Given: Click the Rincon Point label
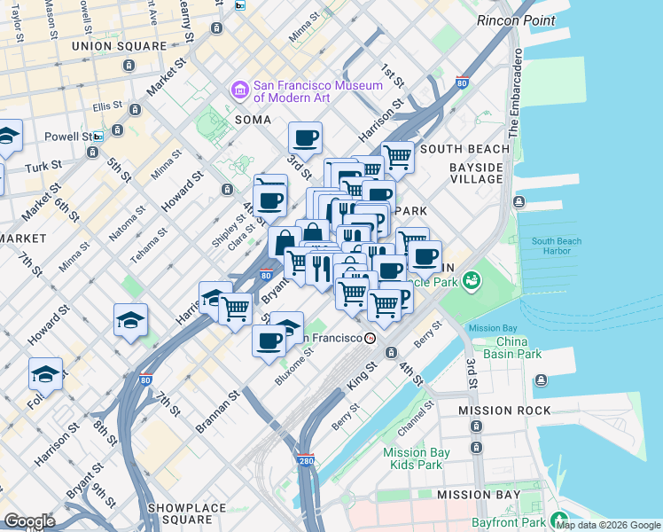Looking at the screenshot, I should point(516,20).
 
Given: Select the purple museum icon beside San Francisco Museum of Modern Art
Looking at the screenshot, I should point(239,90).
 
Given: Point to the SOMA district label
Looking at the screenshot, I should point(253,119).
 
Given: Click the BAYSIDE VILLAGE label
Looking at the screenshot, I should point(476,173).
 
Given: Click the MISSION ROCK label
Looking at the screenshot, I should point(504,411).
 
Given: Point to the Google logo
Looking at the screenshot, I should point(29,521).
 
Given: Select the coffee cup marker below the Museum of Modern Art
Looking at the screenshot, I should point(305,137).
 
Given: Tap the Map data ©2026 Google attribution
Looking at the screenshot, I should point(608,525).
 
